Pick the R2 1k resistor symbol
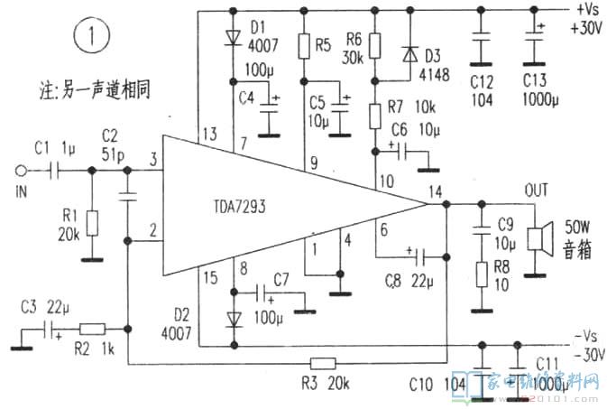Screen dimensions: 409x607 [x=93, y=330]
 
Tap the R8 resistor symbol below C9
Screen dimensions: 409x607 [x=482, y=273]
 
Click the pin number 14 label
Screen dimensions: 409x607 [x=437, y=191]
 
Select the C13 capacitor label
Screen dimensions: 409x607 [x=534, y=78]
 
